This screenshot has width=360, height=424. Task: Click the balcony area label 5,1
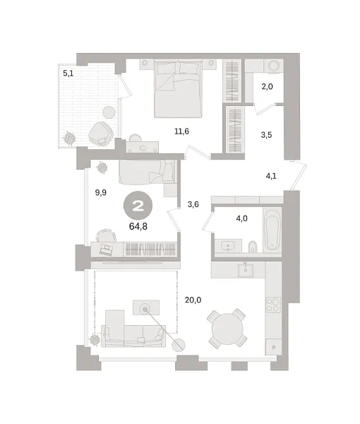point(68,72)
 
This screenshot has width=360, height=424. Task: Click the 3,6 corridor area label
point(193,206)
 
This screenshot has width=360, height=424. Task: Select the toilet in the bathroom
point(253,247)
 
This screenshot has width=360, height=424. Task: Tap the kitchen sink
point(246,269)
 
